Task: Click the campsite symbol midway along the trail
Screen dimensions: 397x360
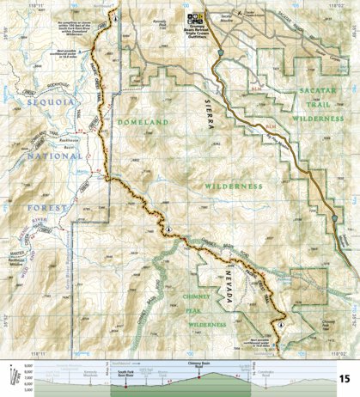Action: [x=170, y=228]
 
